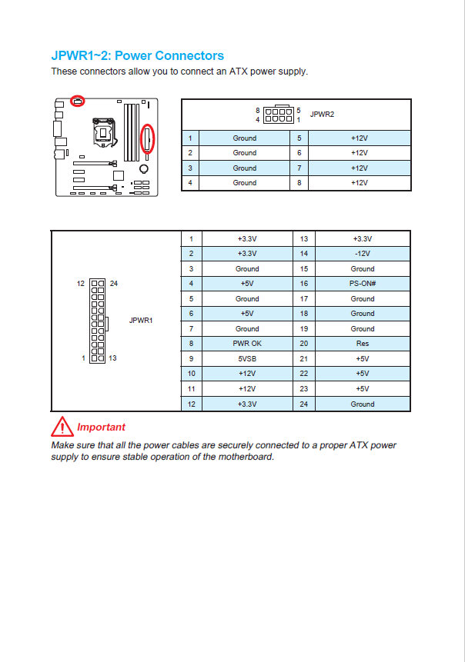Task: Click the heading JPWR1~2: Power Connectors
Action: click(137, 56)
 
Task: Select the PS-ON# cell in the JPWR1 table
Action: click(363, 284)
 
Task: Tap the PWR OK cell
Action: click(247, 344)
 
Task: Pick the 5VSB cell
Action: click(247, 358)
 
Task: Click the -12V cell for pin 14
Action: click(363, 254)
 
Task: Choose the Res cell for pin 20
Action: click(363, 344)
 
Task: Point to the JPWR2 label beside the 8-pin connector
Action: click(322, 114)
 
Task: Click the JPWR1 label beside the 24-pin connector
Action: click(141, 320)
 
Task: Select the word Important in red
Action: click(101, 427)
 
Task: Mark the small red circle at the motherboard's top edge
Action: click(77, 101)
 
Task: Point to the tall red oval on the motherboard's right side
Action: click(149, 139)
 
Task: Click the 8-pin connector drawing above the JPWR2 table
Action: click(278, 115)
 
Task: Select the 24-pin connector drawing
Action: click(98, 320)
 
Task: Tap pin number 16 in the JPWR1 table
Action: click(304, 284)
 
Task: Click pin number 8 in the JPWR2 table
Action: click(298, 183)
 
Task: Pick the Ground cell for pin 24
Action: click(363, 404)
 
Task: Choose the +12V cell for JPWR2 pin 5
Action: click(359, 138)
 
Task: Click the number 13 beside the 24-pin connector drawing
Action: click(112, 358)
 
